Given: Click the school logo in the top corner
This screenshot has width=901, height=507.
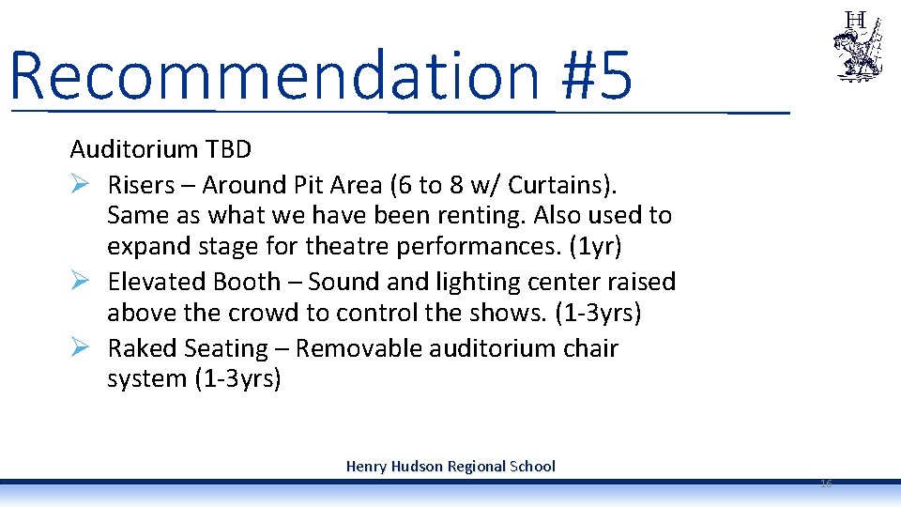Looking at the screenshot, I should tap(858, 47).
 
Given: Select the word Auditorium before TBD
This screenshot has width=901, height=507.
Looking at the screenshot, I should tap(133, 148).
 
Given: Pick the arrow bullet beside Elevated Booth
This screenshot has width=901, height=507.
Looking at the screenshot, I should tap(81, 281).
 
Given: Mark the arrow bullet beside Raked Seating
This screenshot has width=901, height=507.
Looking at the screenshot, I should tap(81, 347).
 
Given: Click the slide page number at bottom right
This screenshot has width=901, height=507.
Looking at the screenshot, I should tap(826, 483).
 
